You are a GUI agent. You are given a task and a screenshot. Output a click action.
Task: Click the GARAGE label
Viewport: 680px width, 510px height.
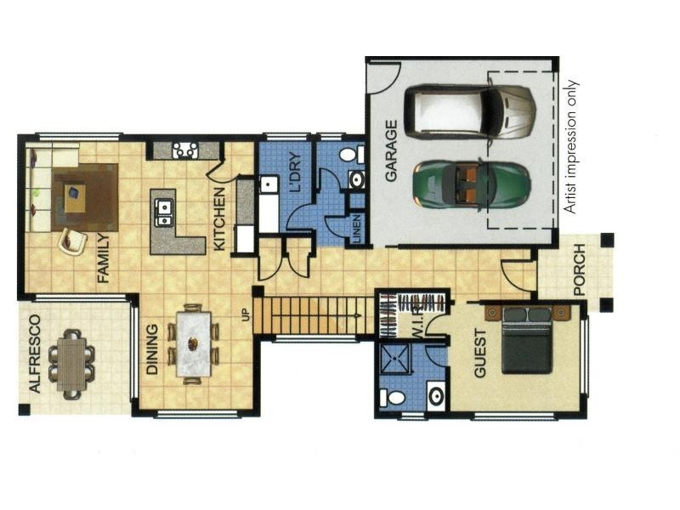391,151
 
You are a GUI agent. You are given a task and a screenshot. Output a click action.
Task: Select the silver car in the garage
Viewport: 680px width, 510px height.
470,111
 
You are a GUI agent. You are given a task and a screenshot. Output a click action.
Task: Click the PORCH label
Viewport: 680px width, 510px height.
580,269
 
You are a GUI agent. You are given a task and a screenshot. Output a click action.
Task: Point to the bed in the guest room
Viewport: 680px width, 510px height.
527,340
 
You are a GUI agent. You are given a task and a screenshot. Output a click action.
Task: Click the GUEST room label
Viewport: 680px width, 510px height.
480,353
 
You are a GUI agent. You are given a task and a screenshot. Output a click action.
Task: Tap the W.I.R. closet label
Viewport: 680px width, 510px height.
416,321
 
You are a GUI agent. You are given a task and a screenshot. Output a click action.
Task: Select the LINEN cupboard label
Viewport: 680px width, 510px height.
357,229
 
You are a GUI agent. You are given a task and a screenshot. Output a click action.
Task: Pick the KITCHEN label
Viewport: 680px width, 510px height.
219,218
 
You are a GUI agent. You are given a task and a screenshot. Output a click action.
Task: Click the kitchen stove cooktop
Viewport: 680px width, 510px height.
185,150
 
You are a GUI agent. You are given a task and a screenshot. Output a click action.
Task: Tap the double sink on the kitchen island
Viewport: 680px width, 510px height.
164,213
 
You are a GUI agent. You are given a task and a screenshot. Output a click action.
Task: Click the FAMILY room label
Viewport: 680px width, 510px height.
103,258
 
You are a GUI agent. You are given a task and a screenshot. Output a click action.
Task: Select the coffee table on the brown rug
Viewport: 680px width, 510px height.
75,198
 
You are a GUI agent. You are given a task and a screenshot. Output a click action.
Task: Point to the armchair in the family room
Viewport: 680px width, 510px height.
72,241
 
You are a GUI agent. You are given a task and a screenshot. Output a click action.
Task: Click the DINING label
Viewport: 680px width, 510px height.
152,349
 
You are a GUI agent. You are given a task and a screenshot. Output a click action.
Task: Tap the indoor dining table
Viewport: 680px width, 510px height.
194,344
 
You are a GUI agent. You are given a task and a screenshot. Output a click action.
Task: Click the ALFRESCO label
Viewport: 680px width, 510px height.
34,354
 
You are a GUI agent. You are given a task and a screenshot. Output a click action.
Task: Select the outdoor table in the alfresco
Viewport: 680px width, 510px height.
71,365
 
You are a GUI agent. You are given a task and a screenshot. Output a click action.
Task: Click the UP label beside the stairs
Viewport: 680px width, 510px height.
246,314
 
